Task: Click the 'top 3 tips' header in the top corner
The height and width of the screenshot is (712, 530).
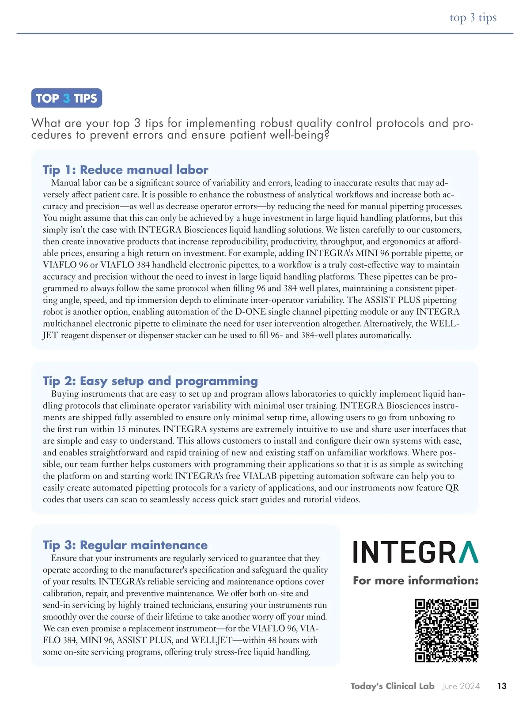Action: [x=473, y=18]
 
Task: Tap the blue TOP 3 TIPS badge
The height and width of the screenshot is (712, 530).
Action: [x=67, y=98]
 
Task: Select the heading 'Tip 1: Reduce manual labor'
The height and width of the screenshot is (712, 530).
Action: [x=125, y=170]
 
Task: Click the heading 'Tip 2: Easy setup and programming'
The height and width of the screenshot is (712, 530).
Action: [x=150, y=381]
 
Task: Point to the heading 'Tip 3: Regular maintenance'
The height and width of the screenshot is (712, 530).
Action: [x=125, y=545]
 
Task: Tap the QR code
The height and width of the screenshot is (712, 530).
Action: [x=447, y=630]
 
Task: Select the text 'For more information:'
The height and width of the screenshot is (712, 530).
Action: [x=415, y=580]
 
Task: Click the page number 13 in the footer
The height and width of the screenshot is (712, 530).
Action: [x=502, y=686]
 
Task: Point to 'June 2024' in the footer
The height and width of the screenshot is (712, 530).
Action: [x=461, y=686]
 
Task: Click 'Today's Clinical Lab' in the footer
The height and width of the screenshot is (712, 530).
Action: [x=392, y=686]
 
